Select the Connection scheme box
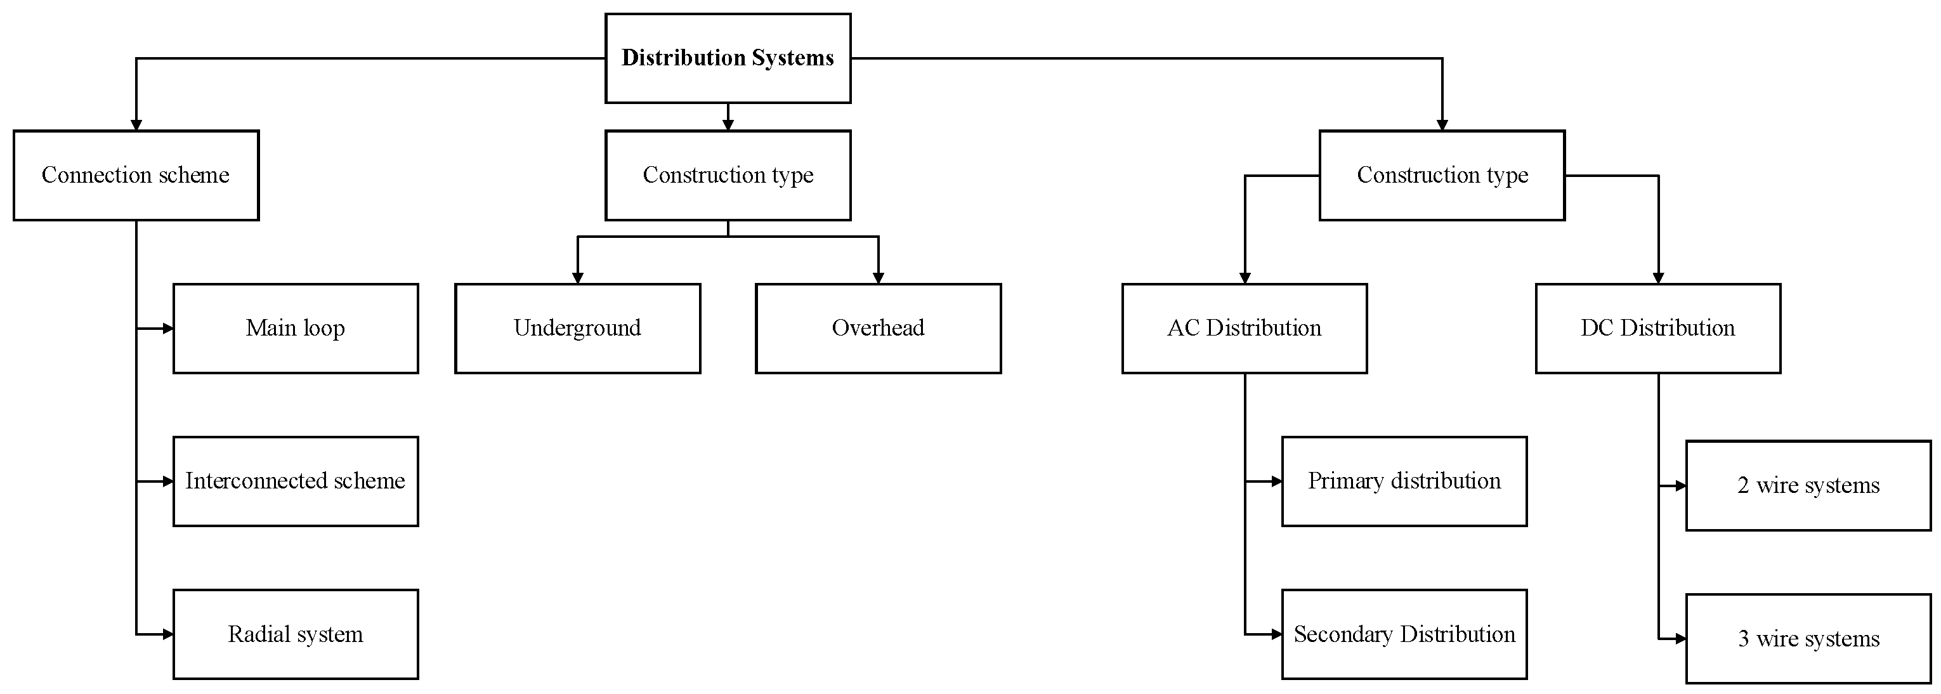(x=136, y=175)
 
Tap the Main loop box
(x=296, y=328)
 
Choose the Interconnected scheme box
(x=296, y=481)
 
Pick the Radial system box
(x=296, y=634)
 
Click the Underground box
(x=577, y=328)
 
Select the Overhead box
(x=878, y=328)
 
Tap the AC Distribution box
(x=1244, y=328)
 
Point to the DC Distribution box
(x=1657, y=328)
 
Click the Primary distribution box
(x=1404, y=481)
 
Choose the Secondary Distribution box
(x=1404, y=634)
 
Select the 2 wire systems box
(x=1808, y=485)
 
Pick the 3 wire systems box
(x=1808, y=638)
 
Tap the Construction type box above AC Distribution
(x=1441, y=175)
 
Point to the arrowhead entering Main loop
(x=168, y=329)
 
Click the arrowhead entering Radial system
(x=168, y=634)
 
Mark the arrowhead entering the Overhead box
(x=878, y=278)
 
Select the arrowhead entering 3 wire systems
(x=1680, y=639)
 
